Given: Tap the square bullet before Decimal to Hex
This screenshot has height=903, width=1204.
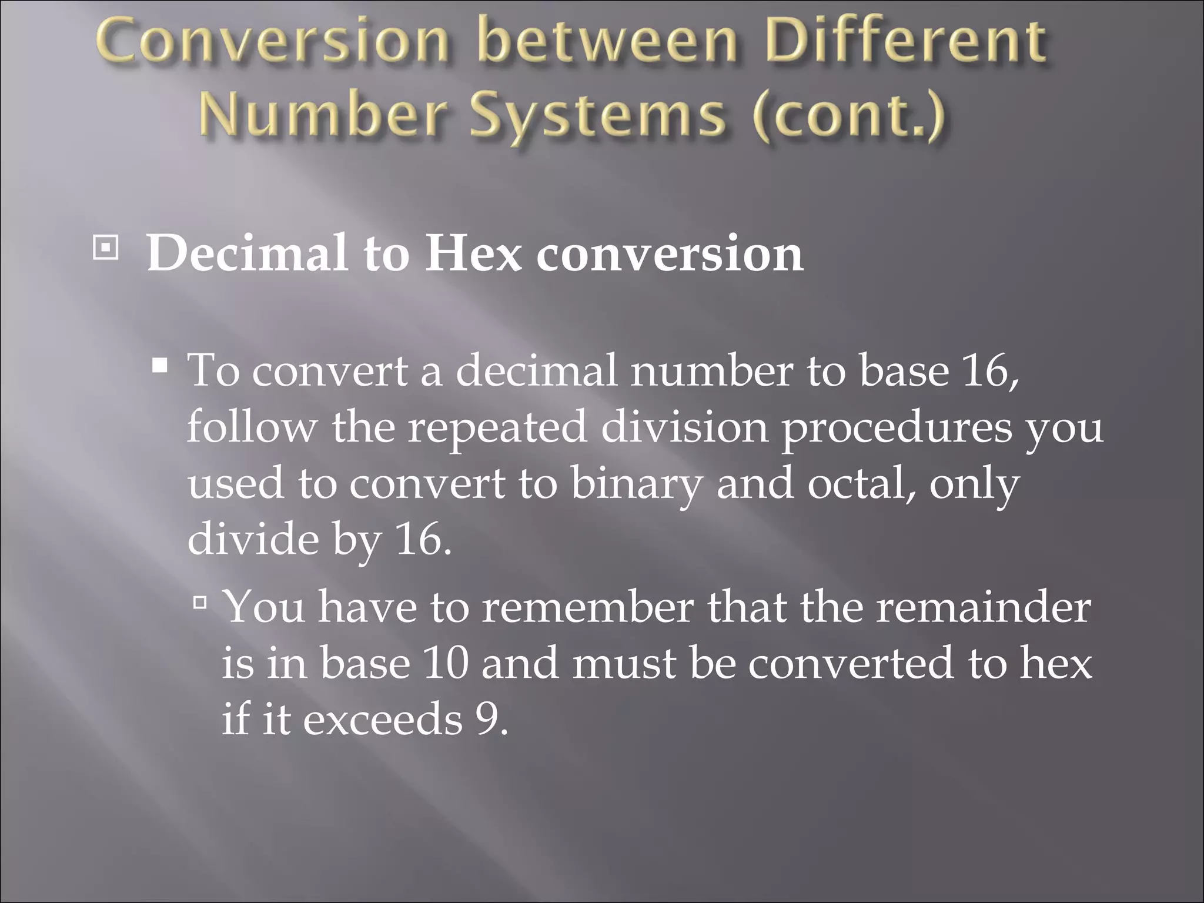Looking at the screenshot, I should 105,249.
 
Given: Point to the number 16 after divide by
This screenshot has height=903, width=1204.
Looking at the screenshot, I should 422,540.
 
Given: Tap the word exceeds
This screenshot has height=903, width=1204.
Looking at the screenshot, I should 383,718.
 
